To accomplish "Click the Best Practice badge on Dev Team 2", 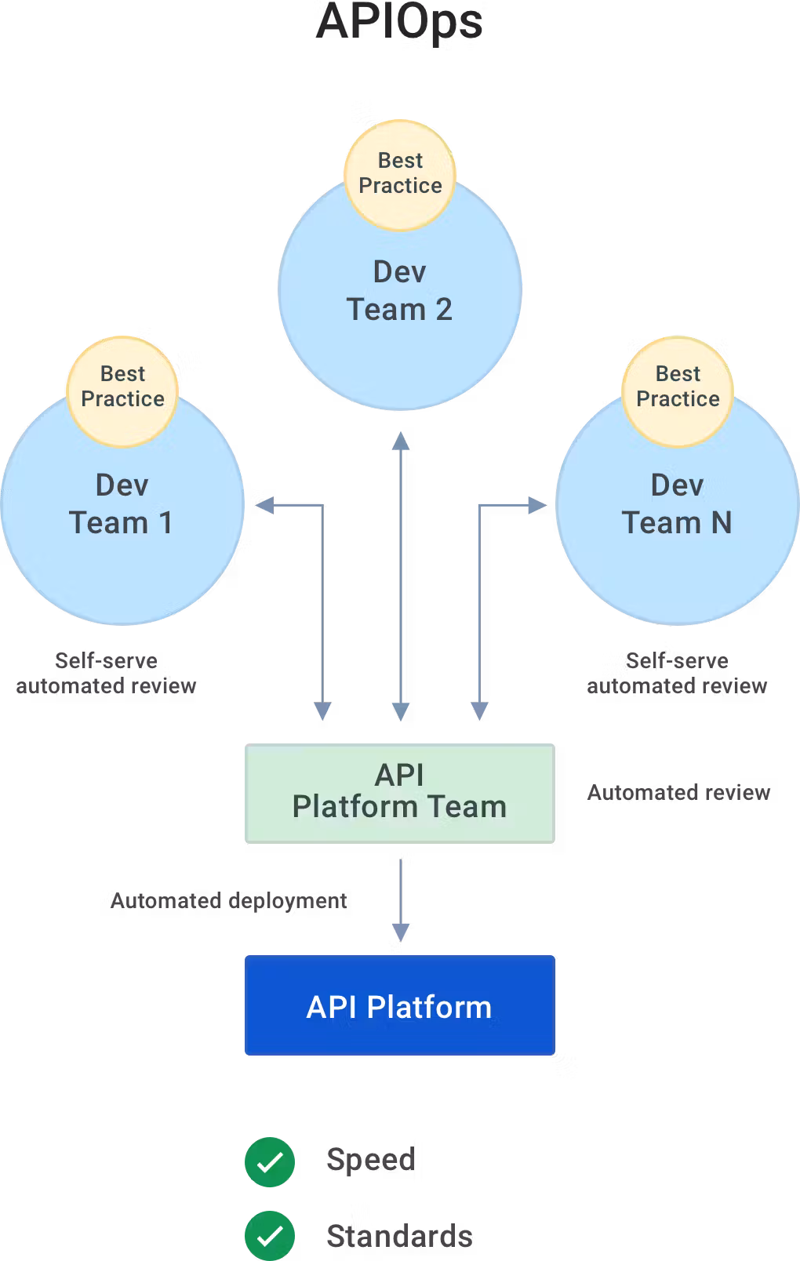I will (400, 174).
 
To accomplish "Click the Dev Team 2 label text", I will (399, 291).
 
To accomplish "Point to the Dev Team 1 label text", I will (122, 504).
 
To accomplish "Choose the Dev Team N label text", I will (677, 504).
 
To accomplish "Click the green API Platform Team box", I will (399, 793).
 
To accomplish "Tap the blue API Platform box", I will (399, 1006).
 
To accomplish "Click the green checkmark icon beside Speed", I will (270, 1161).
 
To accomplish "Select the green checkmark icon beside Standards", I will (270, 1236).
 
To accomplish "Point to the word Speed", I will (371, 1160).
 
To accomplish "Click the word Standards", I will (399, 1236).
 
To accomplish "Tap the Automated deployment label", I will (228, 900).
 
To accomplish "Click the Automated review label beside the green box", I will (678, 793).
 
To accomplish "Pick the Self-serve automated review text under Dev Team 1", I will (106, 673).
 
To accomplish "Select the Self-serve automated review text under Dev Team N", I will (677, 673).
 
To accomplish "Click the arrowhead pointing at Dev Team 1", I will (264, 505).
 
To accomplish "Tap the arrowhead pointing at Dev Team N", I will (537, 505).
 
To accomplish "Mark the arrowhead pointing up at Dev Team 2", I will (401, 440).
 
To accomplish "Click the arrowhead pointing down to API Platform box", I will (401, 932).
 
